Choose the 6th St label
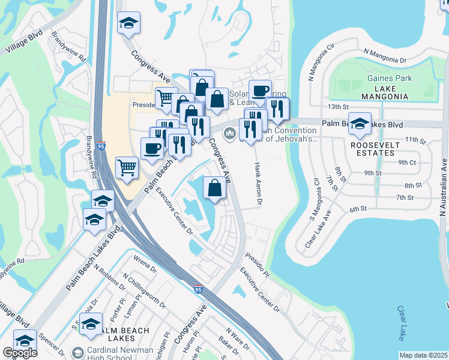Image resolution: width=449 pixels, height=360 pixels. (x=358, y=209)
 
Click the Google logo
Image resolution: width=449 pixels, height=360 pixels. (x=20, y=353)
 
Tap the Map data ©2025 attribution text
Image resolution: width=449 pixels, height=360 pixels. (x=423, y=355)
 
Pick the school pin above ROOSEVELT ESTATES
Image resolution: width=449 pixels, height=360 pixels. (x=360, y=124)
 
